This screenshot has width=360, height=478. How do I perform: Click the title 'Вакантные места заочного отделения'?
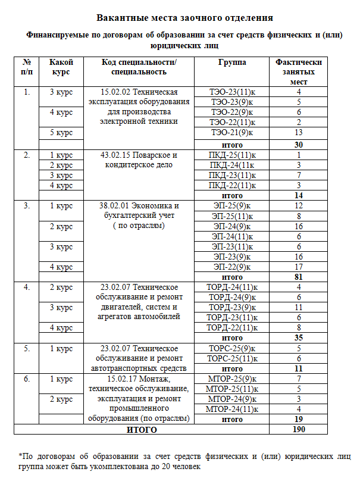184,18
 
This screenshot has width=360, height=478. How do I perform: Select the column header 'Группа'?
232,63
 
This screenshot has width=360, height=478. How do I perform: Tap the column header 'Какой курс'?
61,67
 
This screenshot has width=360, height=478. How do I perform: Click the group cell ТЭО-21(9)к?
232,132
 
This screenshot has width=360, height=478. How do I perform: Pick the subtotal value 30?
299,145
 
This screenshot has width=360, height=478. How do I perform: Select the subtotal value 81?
299,277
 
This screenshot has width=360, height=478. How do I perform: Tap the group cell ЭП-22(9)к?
232,267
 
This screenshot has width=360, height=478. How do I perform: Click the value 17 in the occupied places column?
299,267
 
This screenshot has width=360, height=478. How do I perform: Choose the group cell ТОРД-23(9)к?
232,307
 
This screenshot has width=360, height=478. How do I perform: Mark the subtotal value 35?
299,338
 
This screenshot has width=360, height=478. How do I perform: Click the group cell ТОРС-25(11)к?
232,358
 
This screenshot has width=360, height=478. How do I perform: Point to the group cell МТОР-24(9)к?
232,398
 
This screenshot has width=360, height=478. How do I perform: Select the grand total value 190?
299,429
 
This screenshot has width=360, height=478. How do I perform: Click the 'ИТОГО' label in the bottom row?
142,429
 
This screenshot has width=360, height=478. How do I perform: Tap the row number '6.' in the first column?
26,379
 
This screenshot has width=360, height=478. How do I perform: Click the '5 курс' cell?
61,132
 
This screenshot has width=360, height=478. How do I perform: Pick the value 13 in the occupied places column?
299,132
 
